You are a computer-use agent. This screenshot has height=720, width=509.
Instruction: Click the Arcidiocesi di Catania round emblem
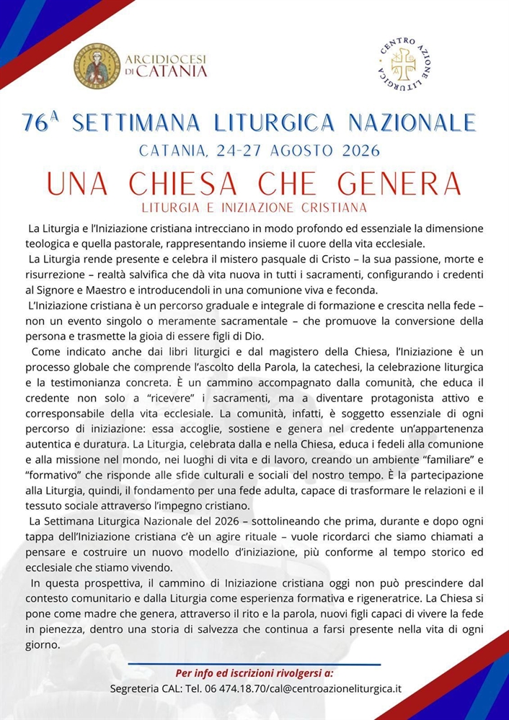(x=97, y=66)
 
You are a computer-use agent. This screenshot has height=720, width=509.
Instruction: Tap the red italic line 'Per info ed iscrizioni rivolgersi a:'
(x=254, y=672)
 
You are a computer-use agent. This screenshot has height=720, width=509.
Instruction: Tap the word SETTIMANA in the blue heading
(x=130, y=123)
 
